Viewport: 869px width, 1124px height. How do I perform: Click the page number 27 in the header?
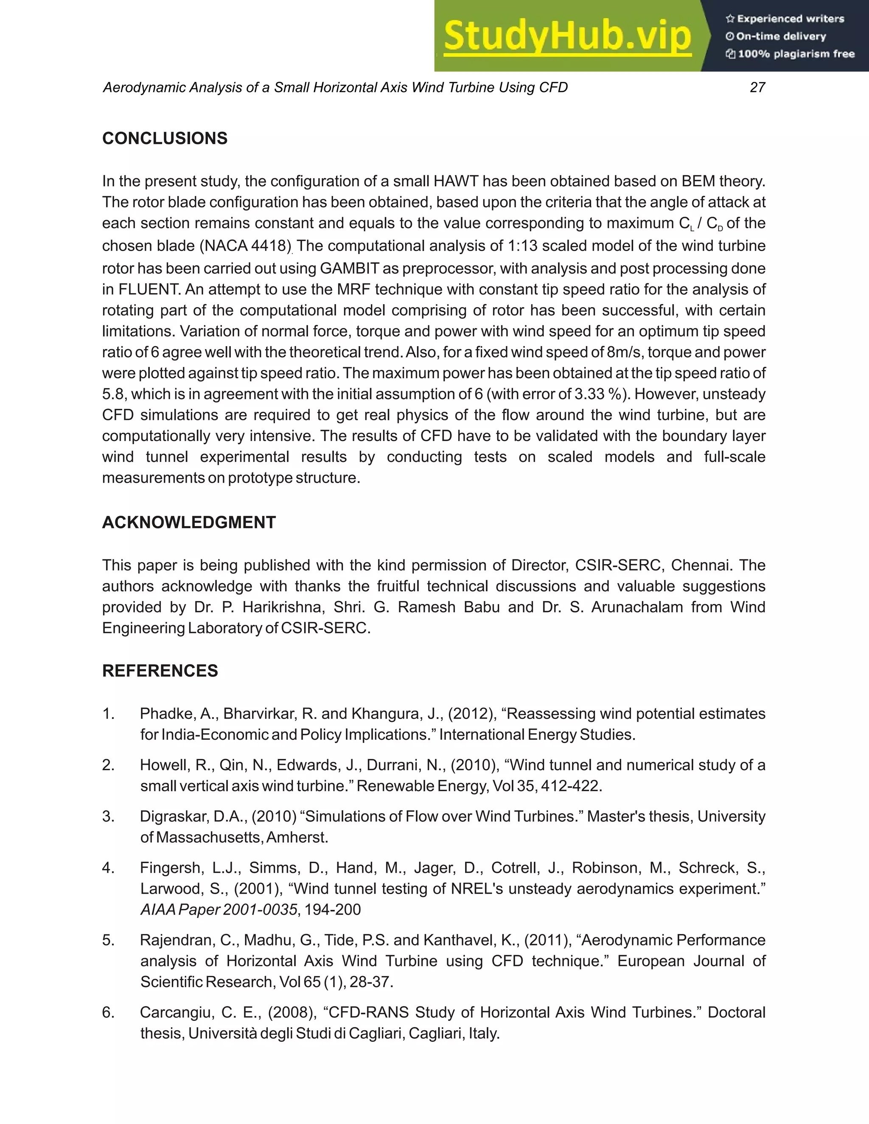tap(757, 87)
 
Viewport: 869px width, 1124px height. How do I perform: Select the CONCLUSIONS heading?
tap(165, 138)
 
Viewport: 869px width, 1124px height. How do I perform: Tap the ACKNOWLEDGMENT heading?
tap(189, 523)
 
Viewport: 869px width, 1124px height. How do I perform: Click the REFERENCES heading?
tap(160, 671)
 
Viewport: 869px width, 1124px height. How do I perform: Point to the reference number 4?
tap(108, 868)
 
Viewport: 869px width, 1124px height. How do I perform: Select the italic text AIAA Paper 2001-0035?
tap(219, 910)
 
